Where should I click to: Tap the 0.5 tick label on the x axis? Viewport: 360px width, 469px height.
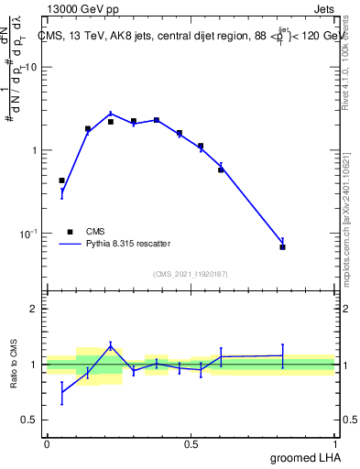pos(191,444)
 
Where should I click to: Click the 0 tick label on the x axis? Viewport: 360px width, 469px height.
pos(47,444)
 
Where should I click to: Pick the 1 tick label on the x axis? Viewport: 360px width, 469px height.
pos(335,444)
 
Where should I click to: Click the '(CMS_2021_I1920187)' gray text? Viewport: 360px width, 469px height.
pos(191,272)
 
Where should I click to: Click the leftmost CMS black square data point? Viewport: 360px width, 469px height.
pos(61,180)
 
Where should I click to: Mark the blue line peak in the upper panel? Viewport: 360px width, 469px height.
pos(111,114)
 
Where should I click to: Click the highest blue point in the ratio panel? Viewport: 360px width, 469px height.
pos(111,345)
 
